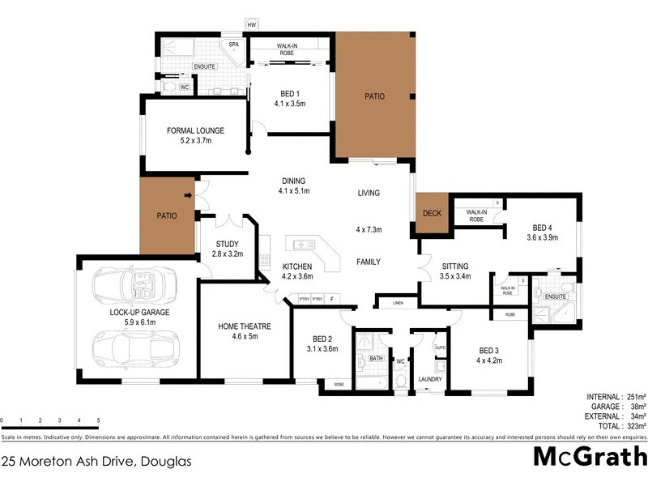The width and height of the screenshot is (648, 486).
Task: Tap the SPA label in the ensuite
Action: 233,45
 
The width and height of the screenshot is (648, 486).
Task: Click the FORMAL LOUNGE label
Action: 195,130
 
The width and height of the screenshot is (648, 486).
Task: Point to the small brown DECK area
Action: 432,214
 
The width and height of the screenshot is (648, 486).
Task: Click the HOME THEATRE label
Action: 244,326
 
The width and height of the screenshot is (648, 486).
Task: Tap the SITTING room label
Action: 454,265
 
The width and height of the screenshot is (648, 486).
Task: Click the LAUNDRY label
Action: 428,379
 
